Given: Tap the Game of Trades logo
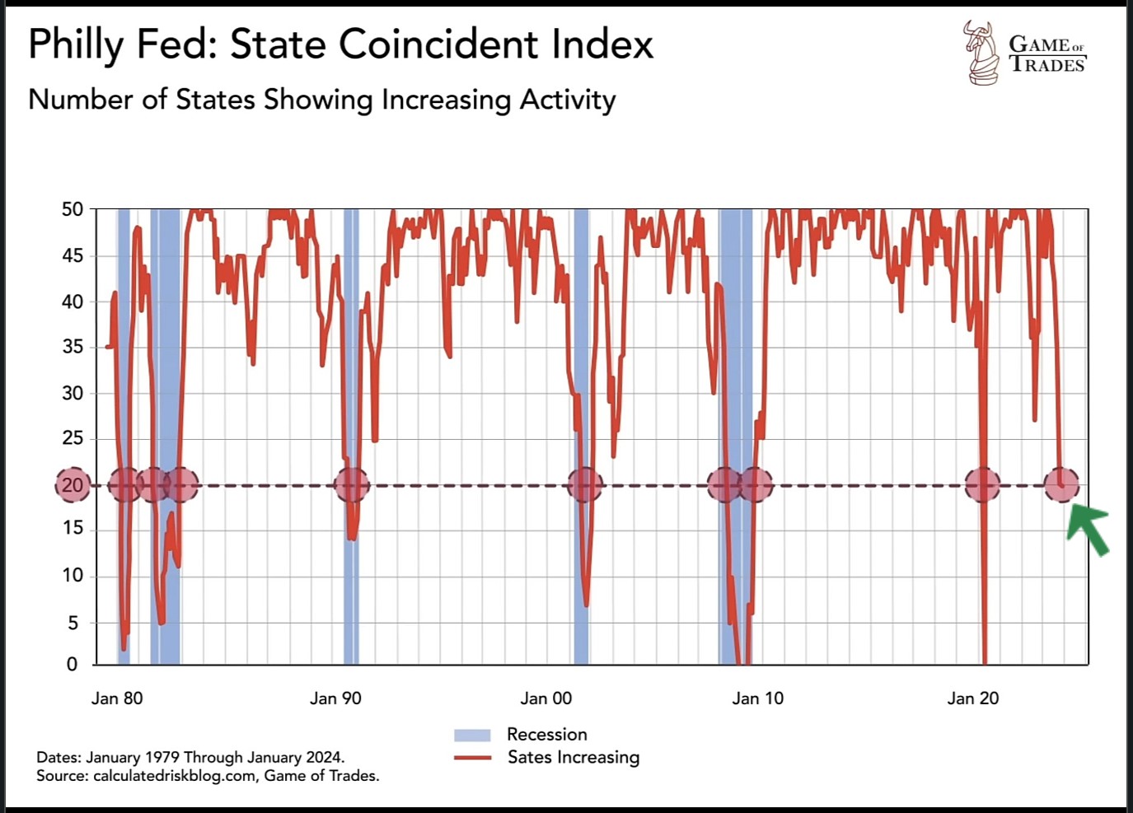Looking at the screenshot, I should point(1025,53).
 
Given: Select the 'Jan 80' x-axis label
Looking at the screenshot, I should point(117,699).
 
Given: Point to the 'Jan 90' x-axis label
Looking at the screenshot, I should point(335,699).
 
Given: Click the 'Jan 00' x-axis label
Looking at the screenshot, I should point(545,699).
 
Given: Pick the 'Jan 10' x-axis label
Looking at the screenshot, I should point(758,699).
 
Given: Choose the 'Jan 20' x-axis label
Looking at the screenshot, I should point(972,699).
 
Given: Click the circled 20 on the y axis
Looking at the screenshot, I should point(73,485).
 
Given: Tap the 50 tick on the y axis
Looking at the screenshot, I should point(73,209).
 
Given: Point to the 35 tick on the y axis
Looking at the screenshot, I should point(73,347).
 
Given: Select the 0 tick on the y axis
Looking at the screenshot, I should point(73,664).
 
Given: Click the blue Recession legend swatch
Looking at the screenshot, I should point(472,735).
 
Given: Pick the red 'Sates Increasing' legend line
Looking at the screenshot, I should point(472,758).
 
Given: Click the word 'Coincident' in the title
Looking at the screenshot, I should point(440,44).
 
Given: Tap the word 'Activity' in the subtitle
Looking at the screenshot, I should point(568,100).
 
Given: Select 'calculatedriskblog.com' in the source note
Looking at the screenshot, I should point(174,776).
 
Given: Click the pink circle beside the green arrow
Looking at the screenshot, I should point(1061,485).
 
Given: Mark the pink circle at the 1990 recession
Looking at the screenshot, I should point(352,485).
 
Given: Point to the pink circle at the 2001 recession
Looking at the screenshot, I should point(585,485).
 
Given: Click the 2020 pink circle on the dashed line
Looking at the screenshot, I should point(982,485).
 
